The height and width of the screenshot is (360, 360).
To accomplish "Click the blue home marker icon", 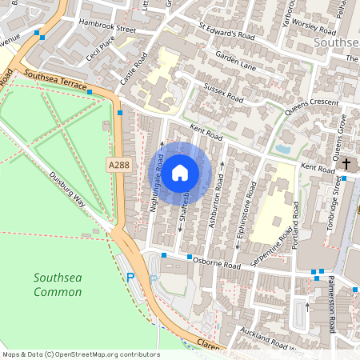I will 180,172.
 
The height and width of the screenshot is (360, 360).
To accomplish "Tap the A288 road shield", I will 117,164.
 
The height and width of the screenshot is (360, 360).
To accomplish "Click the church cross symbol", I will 346,164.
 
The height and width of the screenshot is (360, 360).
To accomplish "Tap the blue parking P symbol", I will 131,278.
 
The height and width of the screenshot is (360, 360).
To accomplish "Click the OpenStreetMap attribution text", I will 80,354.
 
